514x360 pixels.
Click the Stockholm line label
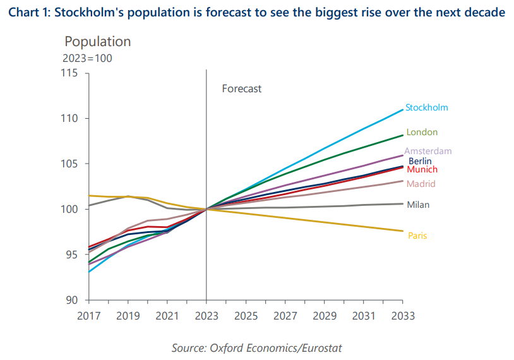[427, 107]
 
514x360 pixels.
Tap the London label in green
[422, 132]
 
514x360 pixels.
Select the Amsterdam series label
[428, 151]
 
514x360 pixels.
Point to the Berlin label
[420, 161]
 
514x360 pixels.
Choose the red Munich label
[422, 170]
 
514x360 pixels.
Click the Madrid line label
[421, 184]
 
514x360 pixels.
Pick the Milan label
[419, 205]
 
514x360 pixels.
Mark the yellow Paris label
[417, 236]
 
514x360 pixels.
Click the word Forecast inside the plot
[241, 89]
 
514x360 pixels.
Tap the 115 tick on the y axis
[69, 74]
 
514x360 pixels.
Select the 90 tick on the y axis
[72, 300]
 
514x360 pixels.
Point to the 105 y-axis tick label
[69, 164]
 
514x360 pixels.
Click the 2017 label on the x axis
[88, 315]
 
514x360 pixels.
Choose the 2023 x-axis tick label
[206, 315]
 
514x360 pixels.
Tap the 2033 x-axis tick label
[403, 315]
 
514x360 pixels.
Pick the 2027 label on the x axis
[285, 315]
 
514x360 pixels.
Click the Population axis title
[98, 42]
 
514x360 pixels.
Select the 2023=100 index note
[87, 58]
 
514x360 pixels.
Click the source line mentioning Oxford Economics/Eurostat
[257, 348]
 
